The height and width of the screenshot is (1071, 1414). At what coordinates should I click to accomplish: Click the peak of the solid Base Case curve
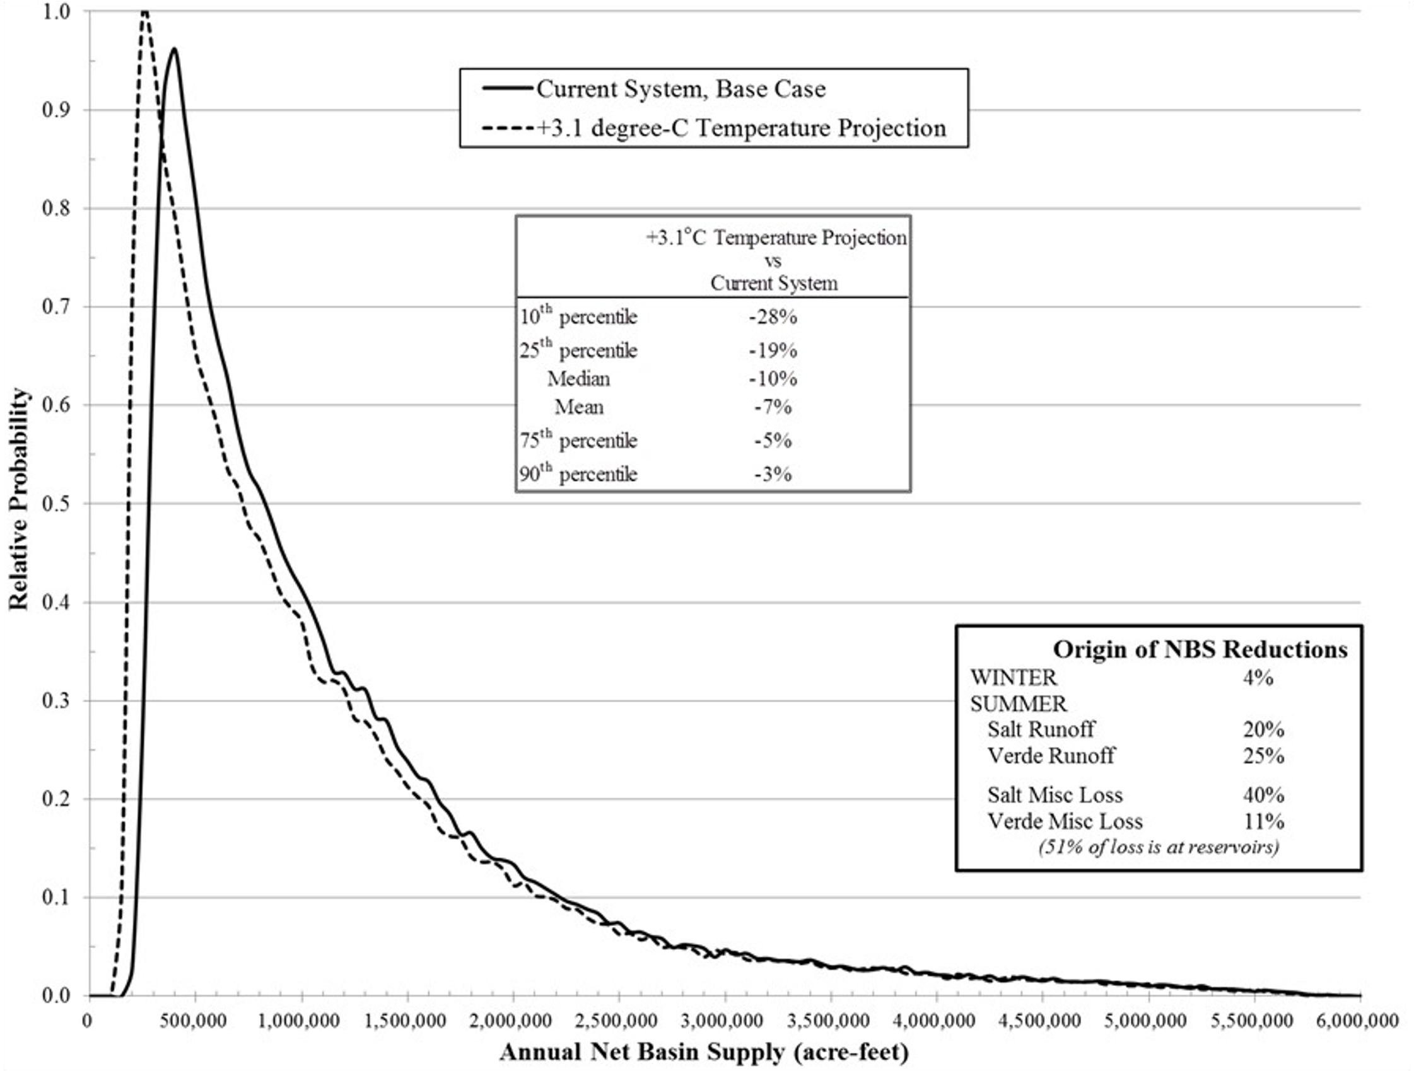[x=173, y=49]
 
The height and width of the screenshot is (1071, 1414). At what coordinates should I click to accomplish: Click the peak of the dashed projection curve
[x=145, y=11]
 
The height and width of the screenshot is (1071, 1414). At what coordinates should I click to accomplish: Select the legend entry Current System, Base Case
[x=681, y=89]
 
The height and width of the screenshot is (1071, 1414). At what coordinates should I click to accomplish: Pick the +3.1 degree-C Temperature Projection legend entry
[x=742, y=128]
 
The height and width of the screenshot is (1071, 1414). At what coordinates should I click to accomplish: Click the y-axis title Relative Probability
[x=19, y=499]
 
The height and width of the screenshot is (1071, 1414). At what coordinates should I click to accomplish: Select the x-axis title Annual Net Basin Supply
[x=704, y=1052]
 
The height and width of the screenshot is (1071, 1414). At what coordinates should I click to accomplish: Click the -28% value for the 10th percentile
[x=773, y=317]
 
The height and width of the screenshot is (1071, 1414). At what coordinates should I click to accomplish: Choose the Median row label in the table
[x=578, y=379]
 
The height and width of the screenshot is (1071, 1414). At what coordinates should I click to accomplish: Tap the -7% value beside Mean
[x=773, y=407]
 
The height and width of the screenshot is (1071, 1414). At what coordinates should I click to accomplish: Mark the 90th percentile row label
[x=578, y=474]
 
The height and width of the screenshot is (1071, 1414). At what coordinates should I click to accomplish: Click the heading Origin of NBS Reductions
[x=1200, y=649]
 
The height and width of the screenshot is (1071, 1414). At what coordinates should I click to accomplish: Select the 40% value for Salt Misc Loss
[x=1263, y=795]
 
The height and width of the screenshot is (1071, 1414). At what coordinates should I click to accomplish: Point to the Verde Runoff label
[x=1051, y=756]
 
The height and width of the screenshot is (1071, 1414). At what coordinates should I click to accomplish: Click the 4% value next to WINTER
[x=1258, y=678]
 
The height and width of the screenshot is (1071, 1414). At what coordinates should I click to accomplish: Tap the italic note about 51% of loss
[x=1159, y=847]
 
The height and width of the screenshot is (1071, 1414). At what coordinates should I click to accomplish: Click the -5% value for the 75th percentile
[x=773, y=441]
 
